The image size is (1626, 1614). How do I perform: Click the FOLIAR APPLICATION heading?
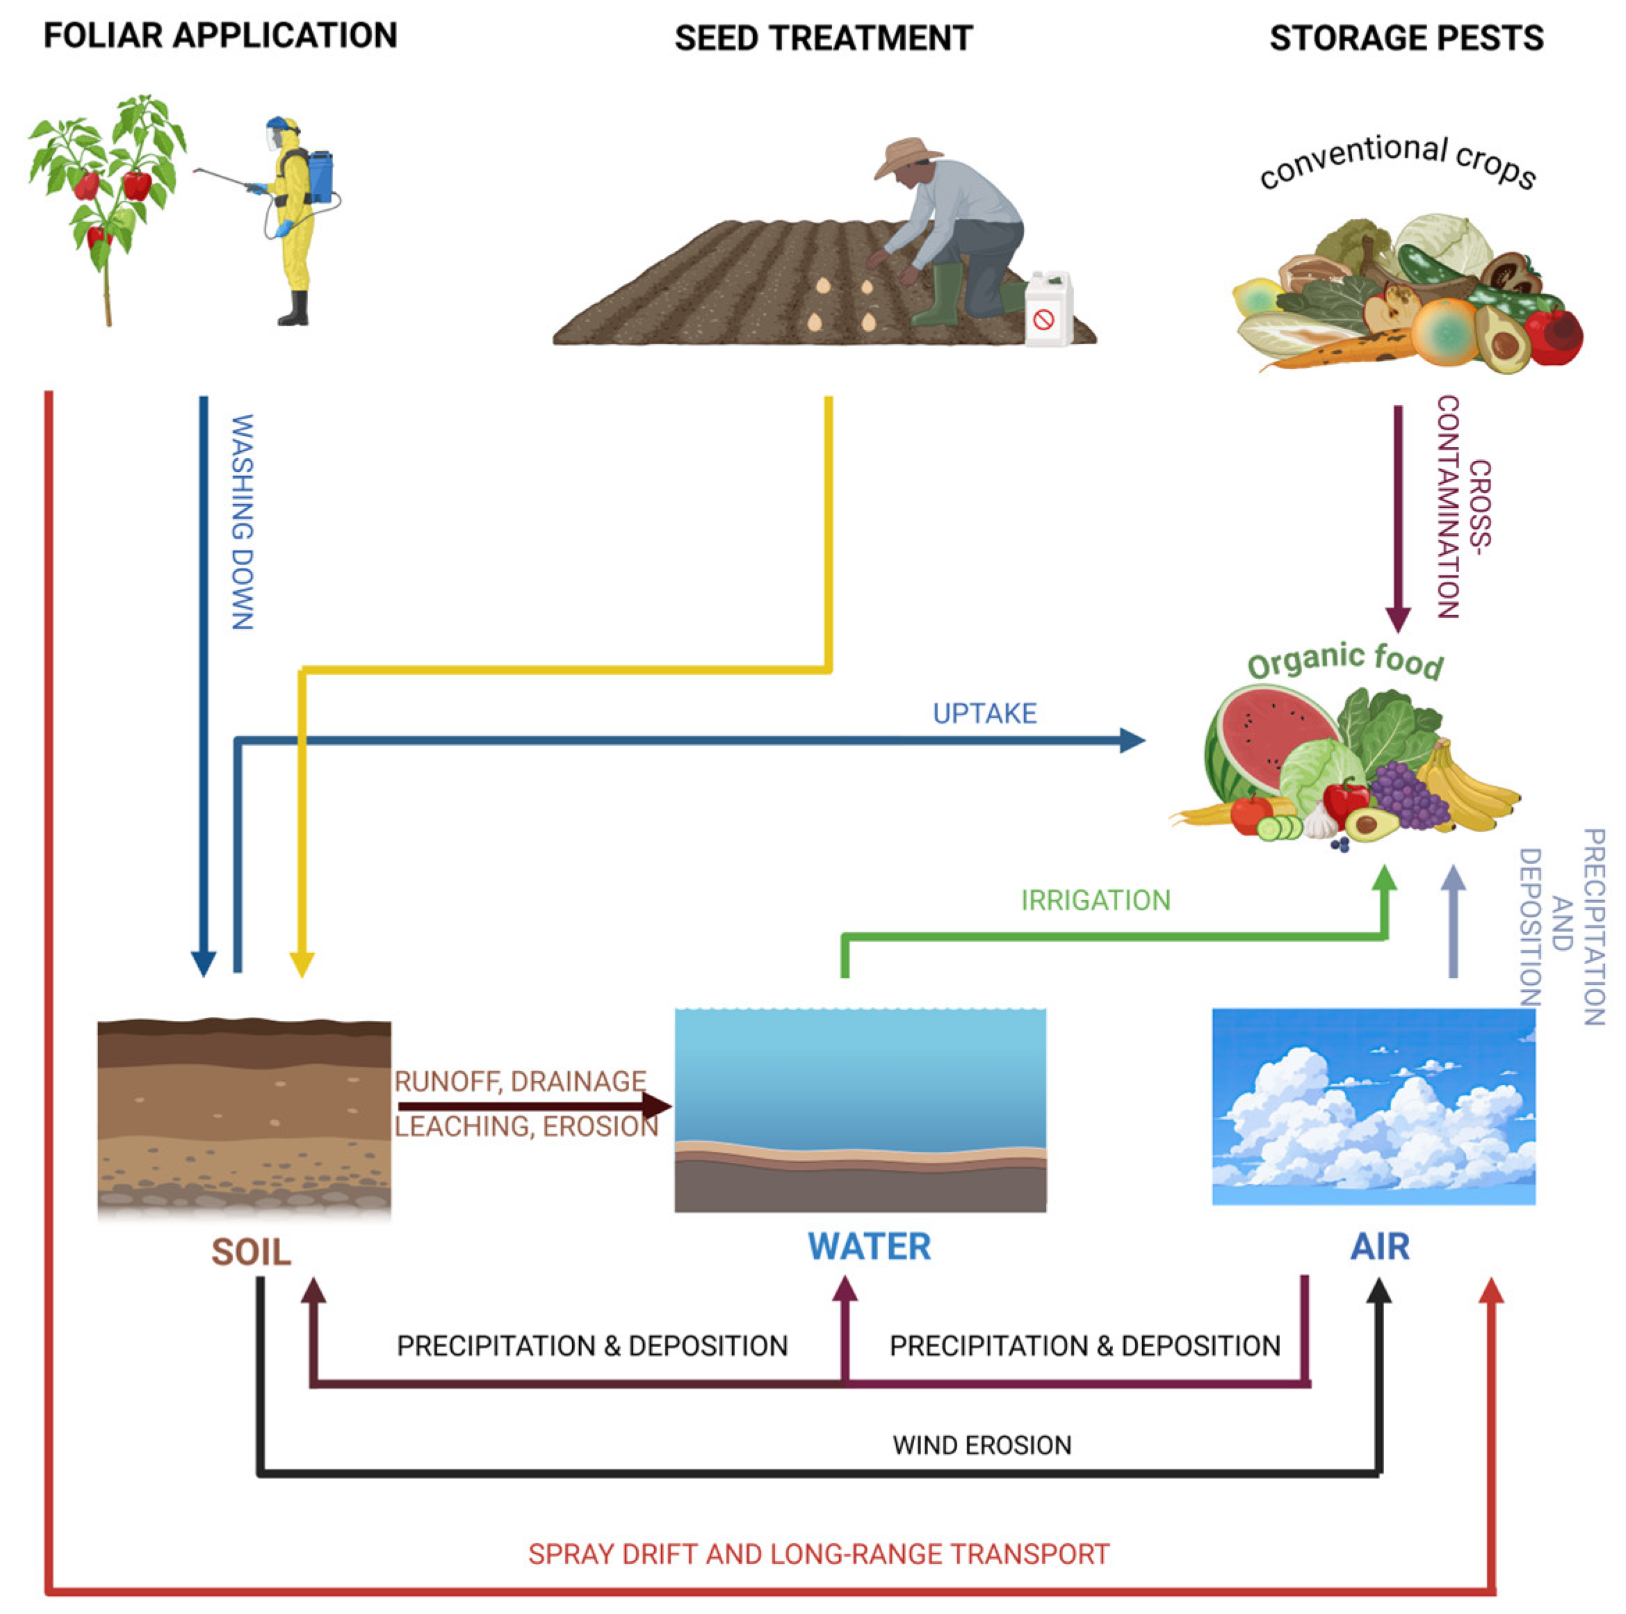pos(220,36)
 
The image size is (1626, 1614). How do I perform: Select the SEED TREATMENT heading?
pos(823,39)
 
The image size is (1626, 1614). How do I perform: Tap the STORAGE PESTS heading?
pos(1406,39)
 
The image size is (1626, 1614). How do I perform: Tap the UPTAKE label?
pos(984,714)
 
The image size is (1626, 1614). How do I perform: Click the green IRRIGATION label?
pos(1095,900)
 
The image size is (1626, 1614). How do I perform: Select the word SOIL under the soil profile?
pos(251,1252)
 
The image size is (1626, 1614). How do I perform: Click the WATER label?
pos(870,1246)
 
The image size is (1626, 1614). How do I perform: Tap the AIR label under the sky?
pos(1379,1246)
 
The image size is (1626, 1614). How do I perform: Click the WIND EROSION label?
pos(982,1446)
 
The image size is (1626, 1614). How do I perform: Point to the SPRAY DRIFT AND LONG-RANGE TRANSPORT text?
pos(818,1554)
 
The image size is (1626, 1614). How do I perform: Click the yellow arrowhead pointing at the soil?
pos(301,964)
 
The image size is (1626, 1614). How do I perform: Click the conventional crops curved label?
pos(1397,161)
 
